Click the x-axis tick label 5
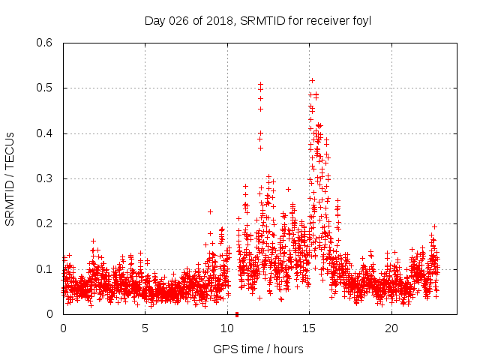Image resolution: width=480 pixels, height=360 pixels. [145, 328]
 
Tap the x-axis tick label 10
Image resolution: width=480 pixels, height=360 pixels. [227, 328]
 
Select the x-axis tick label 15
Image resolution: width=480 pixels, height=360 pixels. [310, 328]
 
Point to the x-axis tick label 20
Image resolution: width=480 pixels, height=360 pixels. [391, 328]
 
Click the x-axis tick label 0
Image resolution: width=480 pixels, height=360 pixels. [63, 328]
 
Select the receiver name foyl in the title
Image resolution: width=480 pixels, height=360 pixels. [362, 20]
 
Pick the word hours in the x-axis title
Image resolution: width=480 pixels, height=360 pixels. [289, 349]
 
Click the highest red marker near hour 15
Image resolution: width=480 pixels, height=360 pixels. [312, 80]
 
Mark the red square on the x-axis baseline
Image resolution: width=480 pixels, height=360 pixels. [237, 313]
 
